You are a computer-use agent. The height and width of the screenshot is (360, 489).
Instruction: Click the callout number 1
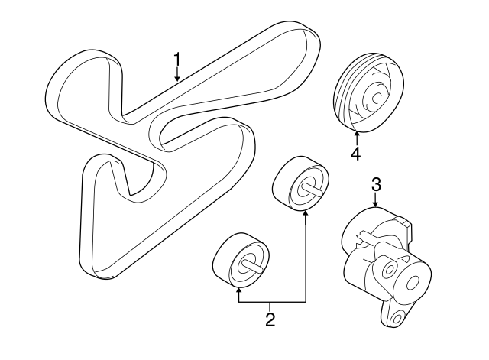pos(177,60)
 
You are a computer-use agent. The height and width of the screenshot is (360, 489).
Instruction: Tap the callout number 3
pos(376,185)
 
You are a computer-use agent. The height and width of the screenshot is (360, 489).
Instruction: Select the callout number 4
pos(355,154)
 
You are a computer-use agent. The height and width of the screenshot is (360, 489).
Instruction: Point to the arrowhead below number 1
pos(177,79)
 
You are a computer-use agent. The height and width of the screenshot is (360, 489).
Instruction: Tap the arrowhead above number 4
pos(357,135)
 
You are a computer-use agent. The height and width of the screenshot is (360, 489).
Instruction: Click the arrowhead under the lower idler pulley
pos(238,290)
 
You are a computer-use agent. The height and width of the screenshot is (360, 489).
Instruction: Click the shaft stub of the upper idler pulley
pos(312,190)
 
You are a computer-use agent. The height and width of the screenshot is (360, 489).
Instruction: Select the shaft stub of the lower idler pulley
pos(252,266)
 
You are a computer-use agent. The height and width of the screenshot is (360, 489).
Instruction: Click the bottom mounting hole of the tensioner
pos(397,319)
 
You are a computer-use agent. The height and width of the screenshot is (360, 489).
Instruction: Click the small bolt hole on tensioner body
pos(389,269)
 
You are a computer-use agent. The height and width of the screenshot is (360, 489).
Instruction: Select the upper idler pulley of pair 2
pos(300,183)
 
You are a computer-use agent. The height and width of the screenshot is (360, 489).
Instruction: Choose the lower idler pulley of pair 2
pos(241,260)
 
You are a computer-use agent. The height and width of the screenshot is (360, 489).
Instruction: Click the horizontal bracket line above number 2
pos(272,302)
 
